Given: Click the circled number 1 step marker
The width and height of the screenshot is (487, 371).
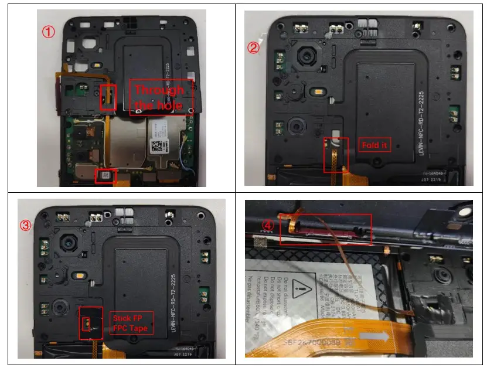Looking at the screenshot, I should point(49,32).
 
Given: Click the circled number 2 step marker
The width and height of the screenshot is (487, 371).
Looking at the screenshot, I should point(253,48).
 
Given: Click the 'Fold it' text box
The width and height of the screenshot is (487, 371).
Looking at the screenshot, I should point(374,145).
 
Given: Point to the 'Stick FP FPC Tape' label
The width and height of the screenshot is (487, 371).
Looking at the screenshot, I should point(132,322).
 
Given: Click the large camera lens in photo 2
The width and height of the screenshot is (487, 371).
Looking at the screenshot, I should point(306,58).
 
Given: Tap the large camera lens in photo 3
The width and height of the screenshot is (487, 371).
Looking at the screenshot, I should point(69,241).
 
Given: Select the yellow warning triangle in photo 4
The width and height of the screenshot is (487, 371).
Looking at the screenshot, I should point(302,287).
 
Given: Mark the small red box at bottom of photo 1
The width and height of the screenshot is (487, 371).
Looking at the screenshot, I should point(105,175).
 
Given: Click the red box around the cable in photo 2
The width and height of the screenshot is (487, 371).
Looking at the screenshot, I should point(335,155).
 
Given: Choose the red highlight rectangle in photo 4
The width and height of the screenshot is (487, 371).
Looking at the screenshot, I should point(325,229).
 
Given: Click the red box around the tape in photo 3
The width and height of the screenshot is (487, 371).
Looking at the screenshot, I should point(91,322).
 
